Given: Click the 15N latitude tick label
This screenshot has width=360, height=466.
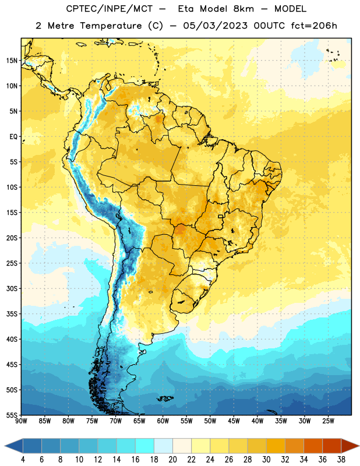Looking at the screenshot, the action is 12,61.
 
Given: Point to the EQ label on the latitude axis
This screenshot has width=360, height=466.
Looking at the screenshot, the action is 13,137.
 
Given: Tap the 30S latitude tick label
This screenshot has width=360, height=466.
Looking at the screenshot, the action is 12,288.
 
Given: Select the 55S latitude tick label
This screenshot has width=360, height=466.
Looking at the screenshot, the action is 12,415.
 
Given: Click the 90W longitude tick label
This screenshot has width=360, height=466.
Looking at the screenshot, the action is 21,421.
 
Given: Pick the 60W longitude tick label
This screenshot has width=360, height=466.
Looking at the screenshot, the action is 163,421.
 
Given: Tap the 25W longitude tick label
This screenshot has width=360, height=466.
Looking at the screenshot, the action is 328,421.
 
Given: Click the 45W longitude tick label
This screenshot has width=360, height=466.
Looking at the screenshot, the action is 234,421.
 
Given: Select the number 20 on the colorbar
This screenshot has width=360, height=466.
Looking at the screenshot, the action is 172,460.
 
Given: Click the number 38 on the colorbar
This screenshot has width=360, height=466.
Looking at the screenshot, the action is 341,460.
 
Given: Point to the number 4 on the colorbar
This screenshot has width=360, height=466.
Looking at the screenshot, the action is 23,460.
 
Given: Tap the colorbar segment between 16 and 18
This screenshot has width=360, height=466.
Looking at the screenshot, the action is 144,446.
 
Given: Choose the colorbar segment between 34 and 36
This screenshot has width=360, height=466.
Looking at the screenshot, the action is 313,446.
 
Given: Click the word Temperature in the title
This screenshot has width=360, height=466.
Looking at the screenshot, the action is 111,26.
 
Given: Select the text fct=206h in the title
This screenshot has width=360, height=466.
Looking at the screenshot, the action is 314,26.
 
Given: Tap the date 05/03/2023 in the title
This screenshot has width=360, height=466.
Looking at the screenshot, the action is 215,26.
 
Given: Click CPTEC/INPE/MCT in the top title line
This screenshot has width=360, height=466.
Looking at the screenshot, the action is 110,9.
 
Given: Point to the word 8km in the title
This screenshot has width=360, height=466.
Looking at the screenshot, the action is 243,9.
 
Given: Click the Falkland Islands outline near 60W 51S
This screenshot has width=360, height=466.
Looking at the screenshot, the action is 165,398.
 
